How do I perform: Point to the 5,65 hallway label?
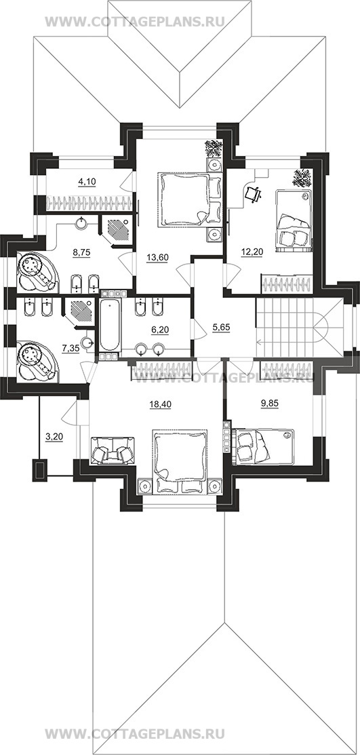pos(222,326)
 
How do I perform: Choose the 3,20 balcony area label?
pos(54,438)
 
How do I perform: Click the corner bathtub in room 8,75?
pos(37,272)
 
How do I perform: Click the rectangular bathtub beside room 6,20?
pos(111,326)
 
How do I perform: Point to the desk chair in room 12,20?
pos(254,194)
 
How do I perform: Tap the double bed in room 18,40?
pos(180,461)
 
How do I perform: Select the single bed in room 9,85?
pos(264,447)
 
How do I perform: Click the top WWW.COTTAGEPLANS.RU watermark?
pos(135,22)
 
